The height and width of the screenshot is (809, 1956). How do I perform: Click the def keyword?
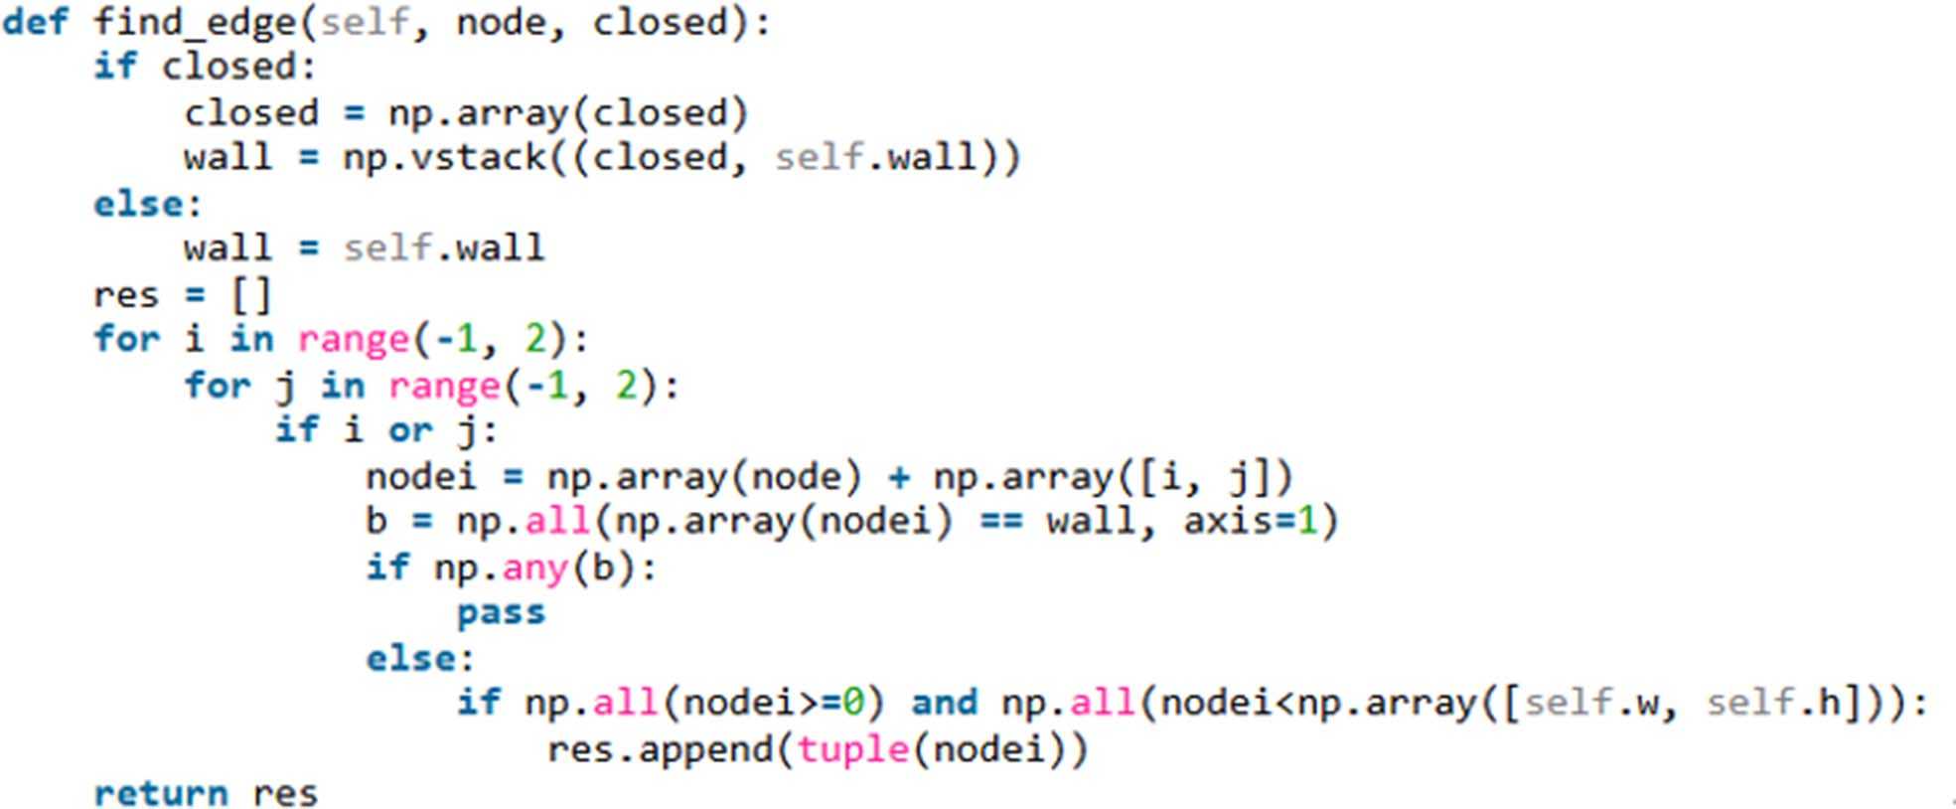(x=36, y=22)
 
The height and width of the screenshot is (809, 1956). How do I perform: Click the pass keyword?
(x=501, y=612)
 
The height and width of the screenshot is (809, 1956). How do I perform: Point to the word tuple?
(x=852, y=747)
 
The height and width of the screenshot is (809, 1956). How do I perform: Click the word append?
(x=703, y=747)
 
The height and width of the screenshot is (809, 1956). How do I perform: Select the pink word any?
(x=534, y=567)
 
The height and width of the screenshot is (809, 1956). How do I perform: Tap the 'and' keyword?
(x=944, y=703)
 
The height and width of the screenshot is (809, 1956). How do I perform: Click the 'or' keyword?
(x=410, y=430)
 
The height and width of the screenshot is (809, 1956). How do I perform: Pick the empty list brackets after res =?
(x=250, y=295)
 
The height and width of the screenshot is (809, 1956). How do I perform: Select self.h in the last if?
(x=1773, y=703)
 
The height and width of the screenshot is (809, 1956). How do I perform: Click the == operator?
(x=999, y=521)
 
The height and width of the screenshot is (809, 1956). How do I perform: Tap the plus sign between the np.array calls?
(x=899, y=477)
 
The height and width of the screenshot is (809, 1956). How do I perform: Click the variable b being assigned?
(x=376, y=521)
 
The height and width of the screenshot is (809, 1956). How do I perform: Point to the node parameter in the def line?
(x=501, y=22)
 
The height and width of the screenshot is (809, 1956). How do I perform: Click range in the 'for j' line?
(x=444, y=386)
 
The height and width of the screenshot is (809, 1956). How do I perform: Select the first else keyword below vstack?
(x=138, y=204)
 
